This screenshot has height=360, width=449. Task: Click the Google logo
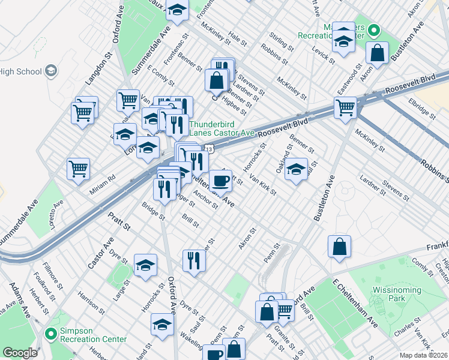[x=20, y=353]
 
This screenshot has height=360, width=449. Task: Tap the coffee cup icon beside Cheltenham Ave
[x=220, y=179]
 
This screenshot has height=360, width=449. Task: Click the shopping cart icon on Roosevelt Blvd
[x=345, y=108]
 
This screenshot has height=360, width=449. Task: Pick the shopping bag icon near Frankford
[x=339, y=246]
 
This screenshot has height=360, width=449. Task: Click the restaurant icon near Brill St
[x=194, y=260]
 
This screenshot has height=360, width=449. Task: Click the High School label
[x=19, y=72]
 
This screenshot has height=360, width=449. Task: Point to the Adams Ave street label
[x=18, y=299]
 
